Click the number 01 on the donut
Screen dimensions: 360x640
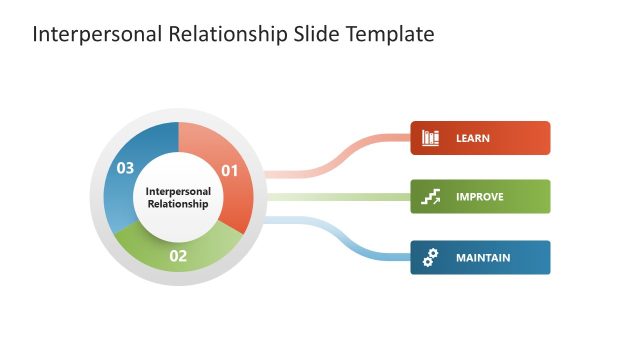click(230, 170)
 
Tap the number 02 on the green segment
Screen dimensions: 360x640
click(178, 256)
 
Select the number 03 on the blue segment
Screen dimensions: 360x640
click(125, 168)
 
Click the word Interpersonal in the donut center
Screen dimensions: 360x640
click(178, 190)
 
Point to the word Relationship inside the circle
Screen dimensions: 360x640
click(178, 204)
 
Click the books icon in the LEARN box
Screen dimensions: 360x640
click(431, 138)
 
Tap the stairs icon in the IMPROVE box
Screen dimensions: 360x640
click(431, 197)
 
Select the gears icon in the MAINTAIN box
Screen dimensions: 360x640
click(431, 257)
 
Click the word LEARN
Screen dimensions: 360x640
click(473, 138)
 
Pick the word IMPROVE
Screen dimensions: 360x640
click(480, 197)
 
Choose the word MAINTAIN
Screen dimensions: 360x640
click(483, 257)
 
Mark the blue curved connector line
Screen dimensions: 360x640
click(340, 237)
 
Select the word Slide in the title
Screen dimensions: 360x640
click(317, 34)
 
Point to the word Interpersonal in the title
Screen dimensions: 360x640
click(94, 34)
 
